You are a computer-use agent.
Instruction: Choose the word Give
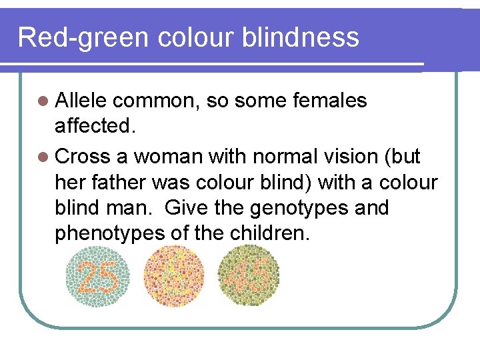pyautogui.click(x=187, y=208)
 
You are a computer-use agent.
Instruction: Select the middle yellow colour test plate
pyautogui.click(x=174, y=275)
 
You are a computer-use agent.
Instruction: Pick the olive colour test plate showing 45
pyautogui.click(x=249, y=275)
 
